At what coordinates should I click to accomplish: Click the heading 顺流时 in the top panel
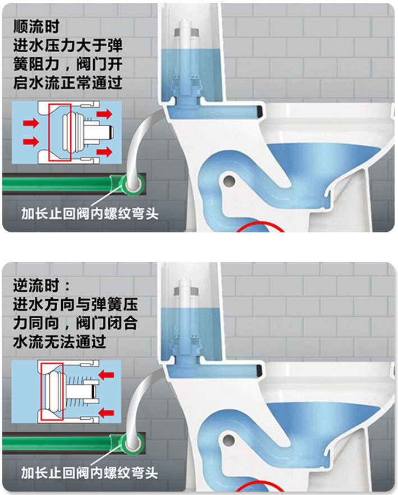click(36, 26)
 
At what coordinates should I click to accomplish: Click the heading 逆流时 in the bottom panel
click(36, 286)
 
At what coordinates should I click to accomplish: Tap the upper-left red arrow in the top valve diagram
click(31, 122)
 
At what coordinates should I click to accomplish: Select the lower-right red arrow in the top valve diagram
click(104, 152)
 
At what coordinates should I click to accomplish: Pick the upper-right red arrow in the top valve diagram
click(104, 113)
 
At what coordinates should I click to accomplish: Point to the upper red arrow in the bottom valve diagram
click(106, 375)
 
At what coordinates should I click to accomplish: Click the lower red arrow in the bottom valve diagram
click(106, 412)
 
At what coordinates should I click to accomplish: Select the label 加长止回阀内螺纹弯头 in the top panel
click(90, 214)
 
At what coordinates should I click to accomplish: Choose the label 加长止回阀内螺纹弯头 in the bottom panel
click(90, 473)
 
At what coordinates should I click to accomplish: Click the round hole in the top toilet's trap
click(229, 181)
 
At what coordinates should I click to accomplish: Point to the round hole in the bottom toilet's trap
click(228, 441)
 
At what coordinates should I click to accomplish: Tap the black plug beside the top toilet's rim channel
click(260, 111)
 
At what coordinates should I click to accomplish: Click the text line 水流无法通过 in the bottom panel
click(60, 342)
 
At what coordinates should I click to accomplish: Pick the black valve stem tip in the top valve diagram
click(111, 132)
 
